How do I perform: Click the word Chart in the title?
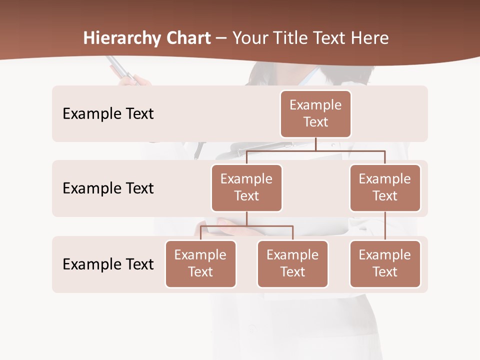pos(188,38)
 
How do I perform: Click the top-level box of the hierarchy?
pos(315,113)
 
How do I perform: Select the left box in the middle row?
pos(246,187)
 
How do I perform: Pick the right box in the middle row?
pos(385,187)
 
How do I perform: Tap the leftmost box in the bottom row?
pos(200,263)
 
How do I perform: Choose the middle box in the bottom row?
pos(292,263)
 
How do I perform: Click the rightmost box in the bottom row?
pos(385,263)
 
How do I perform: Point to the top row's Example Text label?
pos(108,113)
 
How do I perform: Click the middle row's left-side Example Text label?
pos(108,188)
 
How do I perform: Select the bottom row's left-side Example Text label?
pos(108,264)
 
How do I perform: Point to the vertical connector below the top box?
pos(315,144)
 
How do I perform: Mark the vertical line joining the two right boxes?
pos(385,226)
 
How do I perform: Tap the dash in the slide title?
pos(221,38)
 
